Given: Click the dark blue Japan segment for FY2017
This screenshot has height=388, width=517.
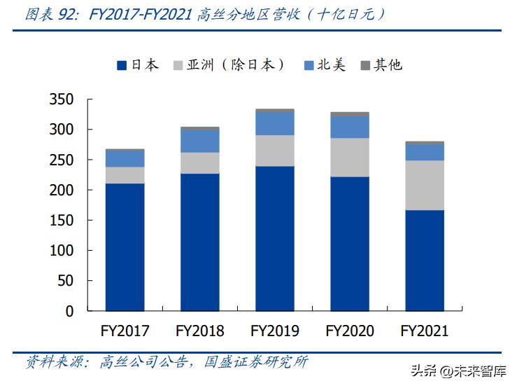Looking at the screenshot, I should (125, 247).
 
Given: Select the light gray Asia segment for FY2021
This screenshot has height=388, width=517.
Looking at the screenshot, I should (425, 185).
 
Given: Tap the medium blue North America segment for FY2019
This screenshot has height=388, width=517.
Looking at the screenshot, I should (274, 123).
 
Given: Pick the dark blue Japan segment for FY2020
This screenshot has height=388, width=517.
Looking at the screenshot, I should (350, 243).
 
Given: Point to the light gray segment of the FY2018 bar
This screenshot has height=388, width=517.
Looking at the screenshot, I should (199, 162).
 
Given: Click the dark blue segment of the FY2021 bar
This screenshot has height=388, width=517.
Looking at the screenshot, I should (425, 260).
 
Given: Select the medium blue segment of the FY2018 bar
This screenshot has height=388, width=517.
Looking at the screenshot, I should (199, 141).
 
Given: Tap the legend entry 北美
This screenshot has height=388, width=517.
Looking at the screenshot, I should (325, 65).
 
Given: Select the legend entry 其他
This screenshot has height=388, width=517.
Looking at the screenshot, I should (381, 65).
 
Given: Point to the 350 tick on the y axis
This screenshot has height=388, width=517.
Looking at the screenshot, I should (62, 100).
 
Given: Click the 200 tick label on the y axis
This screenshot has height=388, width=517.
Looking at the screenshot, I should (62, 190).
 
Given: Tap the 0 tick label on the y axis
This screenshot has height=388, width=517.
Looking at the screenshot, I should (70, 311).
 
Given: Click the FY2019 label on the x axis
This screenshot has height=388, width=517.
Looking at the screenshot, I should (275, 331).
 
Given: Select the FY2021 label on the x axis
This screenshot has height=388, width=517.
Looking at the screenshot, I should (425, 331).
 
